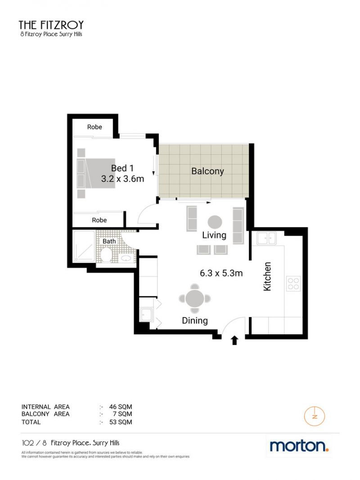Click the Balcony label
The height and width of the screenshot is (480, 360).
click(x=207, y=171)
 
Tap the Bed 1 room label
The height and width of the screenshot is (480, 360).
click(x=122, y=168)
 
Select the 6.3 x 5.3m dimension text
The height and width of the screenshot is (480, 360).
click(x=221, y=273)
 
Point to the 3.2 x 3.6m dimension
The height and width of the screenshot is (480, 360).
click(x=122, y=179)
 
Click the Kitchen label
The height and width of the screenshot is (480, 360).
click(x=267, y=276)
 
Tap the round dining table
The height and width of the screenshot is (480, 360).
click(x=195, y=298)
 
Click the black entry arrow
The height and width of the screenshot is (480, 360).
click(x=234, y=340)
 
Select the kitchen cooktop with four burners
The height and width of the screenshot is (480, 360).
click(x=293, y=283)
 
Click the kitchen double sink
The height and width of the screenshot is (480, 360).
click(x=266, y=238)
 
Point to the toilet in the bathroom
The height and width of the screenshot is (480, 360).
click(x=106, y=254)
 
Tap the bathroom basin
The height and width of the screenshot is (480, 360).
click(x=126, y=258)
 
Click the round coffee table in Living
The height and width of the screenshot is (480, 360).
click(x=215, y=222)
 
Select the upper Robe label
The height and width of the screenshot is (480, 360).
click(x=94, y=127)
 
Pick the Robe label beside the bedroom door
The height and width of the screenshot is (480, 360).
click(x=99, y=220)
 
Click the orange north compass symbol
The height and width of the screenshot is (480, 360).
click(x=315, y=416)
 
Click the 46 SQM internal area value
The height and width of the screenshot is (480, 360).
click(x=121, y=407)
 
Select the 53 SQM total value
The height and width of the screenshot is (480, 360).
click(x=121, y=422)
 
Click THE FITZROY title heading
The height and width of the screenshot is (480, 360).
click(x=51, y=25)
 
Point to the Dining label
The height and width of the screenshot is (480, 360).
click(x=195, y=321)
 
